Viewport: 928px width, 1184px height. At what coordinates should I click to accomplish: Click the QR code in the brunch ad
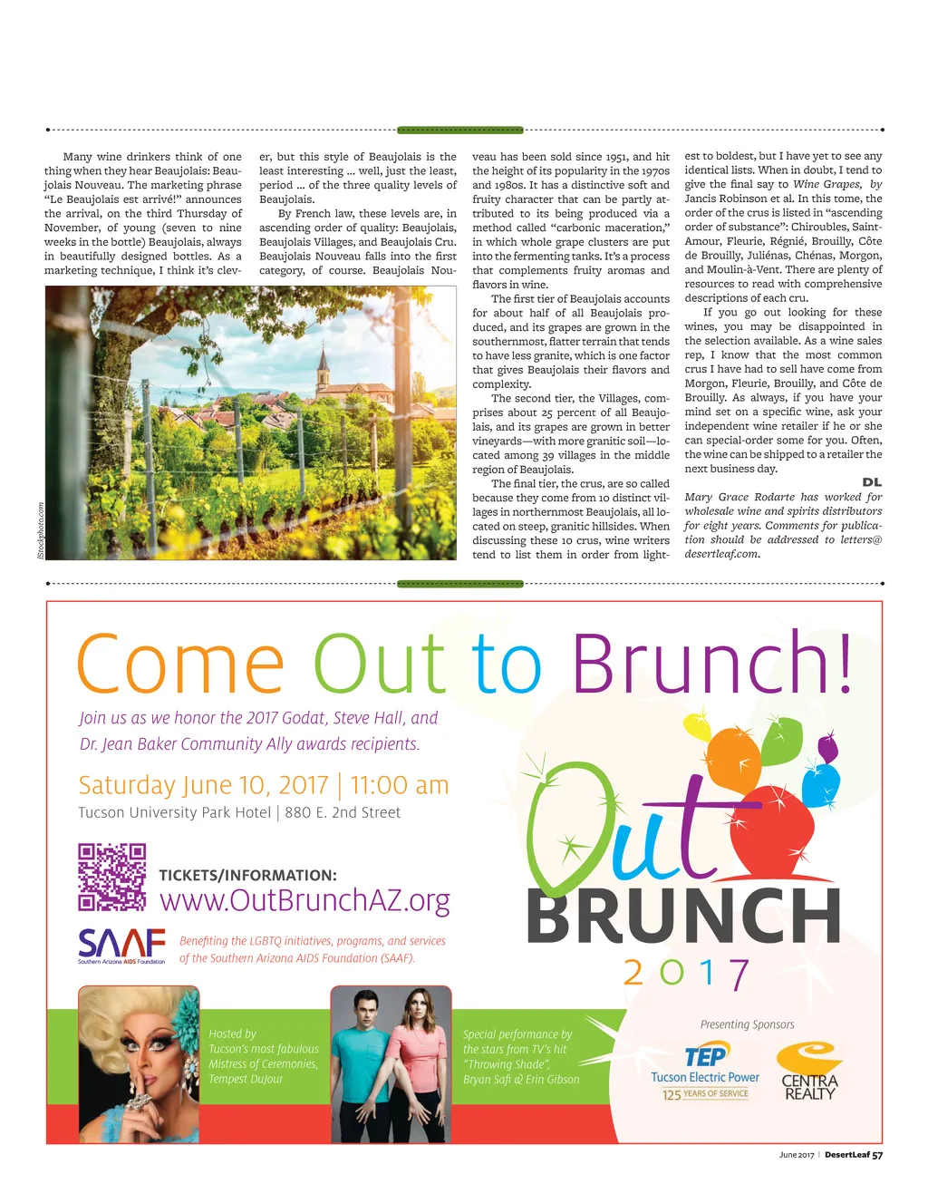click(x=111, y=877)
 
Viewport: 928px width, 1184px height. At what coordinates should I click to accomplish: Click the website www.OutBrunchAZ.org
click(x=304, y=900)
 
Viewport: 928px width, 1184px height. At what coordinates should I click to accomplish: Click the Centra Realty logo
click(x=809, y=1072)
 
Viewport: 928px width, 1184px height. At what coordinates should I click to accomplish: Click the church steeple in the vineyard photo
click(x=324, y=366)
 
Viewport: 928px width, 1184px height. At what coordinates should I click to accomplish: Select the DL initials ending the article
click(x=872, y=482)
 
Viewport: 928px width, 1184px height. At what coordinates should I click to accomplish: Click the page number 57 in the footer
click(x=877, y=1155)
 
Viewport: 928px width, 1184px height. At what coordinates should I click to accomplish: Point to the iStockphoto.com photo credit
click(x=41, y=530)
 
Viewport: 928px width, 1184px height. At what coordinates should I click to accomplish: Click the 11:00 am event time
click(x=400, y=785)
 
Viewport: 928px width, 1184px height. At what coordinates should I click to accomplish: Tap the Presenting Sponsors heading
click(x=747, y=1024)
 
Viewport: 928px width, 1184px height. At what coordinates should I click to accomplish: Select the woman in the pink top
click(x=419, y=1065)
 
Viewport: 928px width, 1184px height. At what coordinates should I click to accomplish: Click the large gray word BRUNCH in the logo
click(x=683, y=916)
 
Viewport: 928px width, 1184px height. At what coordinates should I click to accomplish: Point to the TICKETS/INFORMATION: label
click(x=247, y=876)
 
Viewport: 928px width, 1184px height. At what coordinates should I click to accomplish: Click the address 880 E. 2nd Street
click(x=343, y=813)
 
